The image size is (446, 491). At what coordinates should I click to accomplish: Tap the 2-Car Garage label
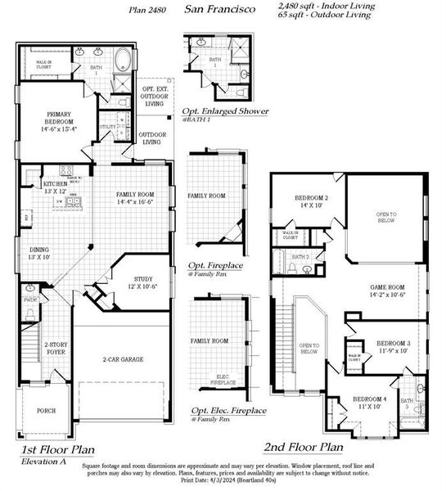[120, 359]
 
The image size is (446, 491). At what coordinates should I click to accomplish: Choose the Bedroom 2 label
[311, 200]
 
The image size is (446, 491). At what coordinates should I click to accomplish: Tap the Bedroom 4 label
[368, 402]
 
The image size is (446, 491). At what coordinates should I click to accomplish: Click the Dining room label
[40, 253]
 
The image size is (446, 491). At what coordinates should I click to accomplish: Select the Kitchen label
[55, 187]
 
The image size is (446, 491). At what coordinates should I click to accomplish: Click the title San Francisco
[219, 9]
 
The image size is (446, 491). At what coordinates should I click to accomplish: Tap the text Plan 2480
[147, 11]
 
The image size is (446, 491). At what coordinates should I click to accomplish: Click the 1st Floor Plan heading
[56, 449]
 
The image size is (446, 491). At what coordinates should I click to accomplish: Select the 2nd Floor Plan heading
[303, 448]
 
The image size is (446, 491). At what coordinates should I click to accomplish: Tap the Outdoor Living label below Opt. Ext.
[152, 138]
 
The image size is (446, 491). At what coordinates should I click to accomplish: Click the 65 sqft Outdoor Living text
[325, 15]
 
